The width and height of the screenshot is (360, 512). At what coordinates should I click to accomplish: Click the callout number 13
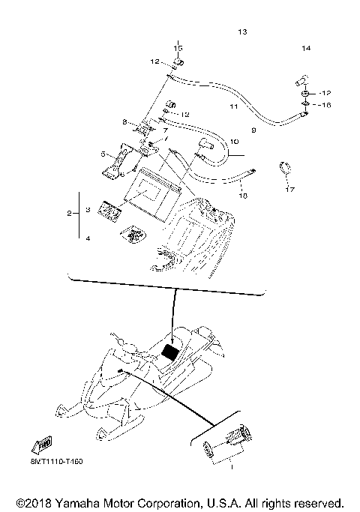pyautogui.click(x=241, y=32)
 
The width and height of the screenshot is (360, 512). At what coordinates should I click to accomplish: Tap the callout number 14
pyautogui.click(x=306, y=49)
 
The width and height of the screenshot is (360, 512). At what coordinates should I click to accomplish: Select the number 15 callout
pyautogui.click(x=178, y=49)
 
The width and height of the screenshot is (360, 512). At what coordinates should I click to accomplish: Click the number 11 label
pyautogui.click(x=233, y=107)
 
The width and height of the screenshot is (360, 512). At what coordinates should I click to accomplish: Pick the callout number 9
pyautogui.click(x=253, y=130)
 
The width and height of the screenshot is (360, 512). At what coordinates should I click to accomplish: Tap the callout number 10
pyautogui.click(x=233, y=141)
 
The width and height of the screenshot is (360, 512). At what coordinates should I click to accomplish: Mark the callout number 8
pyautogui.click(x=125, y=121)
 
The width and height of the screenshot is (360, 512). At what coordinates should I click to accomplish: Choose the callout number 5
pyautogui.click(x=105, y=154)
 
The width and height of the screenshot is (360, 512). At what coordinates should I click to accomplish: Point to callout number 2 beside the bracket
pyautogui.click(x=69, y=214)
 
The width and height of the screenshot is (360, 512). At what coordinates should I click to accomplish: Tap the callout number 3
pyautogui.click(x=88, y=211)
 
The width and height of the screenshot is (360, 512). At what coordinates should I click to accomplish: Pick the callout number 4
pyautogui.click(x=88, y=238)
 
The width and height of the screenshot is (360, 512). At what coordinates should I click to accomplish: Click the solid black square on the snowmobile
pyautogui.click(x=172, y=350)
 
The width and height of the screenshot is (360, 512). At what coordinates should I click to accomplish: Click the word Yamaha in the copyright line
pyautogui.click(x=75, y=502)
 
